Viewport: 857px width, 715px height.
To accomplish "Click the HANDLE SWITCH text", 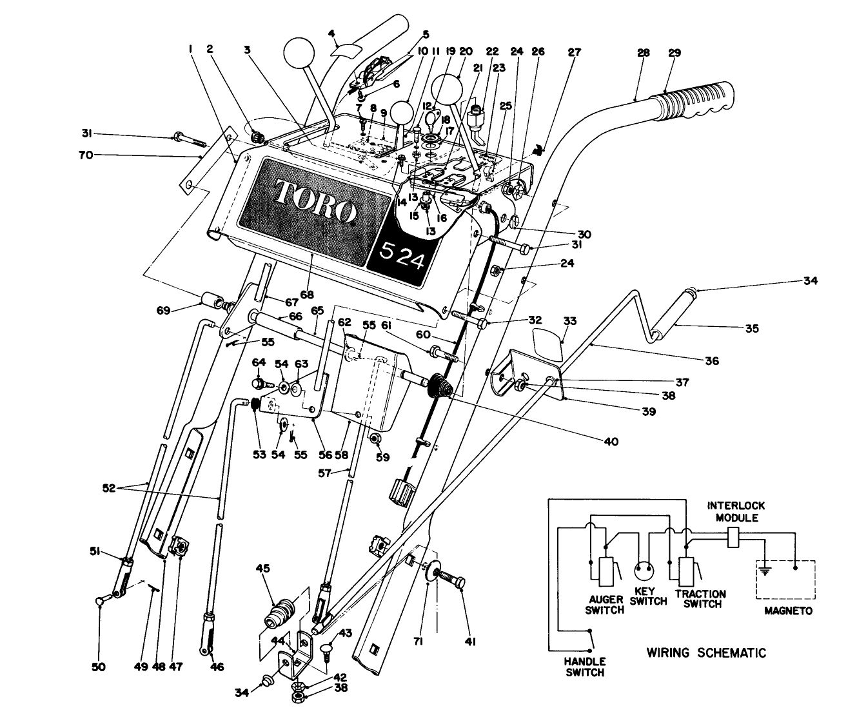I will tap(585, 667).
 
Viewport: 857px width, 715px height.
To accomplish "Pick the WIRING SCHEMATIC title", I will tap(706, 652).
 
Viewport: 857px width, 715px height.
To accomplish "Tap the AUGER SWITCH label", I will tap(605, 605).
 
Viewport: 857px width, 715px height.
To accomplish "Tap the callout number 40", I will tap(610, 442).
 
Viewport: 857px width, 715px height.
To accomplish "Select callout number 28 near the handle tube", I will tap(643, 53).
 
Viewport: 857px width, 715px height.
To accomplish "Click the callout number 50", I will tap(99, 666).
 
